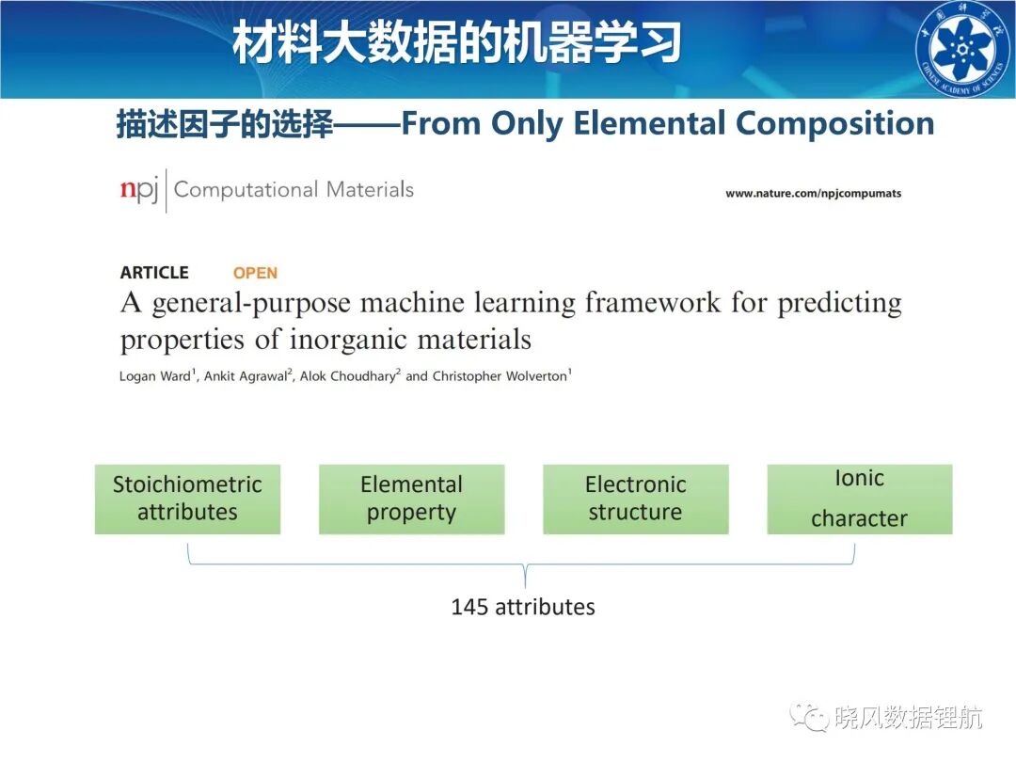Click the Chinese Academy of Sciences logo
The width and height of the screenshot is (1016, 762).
pyautogui.click(x=964, y=49)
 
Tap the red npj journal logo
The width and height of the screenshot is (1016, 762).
pyautogui.click(x=138, y=189)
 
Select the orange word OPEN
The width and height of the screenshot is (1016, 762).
pyautogui.click(x=255, y=273)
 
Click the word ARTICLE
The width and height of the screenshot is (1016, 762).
pyautogui.click(x=154, y=272)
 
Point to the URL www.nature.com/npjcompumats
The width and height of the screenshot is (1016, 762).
pyautogui.click(x=813, y=193)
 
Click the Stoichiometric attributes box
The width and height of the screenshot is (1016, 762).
pyautogui.click(x=187, y=499)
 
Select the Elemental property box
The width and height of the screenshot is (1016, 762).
pyautogui.click(x=411, y=499)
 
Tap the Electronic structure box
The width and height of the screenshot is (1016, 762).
pyautogui.click(x=636, y=499)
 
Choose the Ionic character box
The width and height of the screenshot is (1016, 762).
pyautogui.click(x=860, y=499)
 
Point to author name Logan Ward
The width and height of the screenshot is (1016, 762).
pyautogui.click(x=155, y=376)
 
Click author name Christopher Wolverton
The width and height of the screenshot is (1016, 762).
pyautogui.click(x=500, y=375)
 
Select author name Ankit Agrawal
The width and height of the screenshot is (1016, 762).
pyautogui.click(x=246, y=376)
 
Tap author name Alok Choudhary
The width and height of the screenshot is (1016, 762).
pyautogui.click(x=347, y=376)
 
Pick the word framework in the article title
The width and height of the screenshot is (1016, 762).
pyautogui.click(x=653, y=303)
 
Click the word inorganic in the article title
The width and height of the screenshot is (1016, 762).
pyautogui.click(x=348, y=341)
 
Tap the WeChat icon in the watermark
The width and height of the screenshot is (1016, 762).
pyautogui.click(x=809, y=717)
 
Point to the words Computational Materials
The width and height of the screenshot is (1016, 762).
pyautogui.click(x=294, y=189)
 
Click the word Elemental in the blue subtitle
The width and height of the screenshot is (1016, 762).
pyautogui.click(x=649, y=123)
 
